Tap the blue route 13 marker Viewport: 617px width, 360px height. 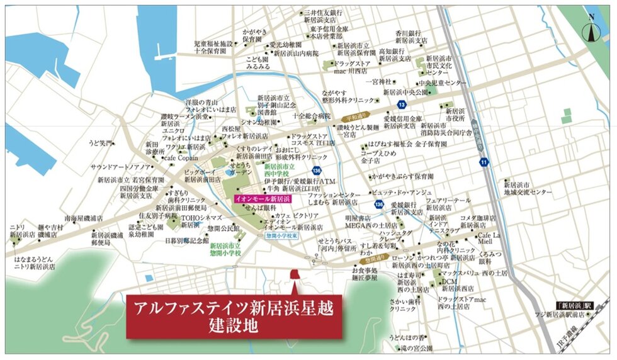[x=401, y=104]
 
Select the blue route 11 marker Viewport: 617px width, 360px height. [x=484, y=162]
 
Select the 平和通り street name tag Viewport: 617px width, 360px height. [x=354, y=118]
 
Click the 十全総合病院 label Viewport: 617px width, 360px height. [x=311, y=116]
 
